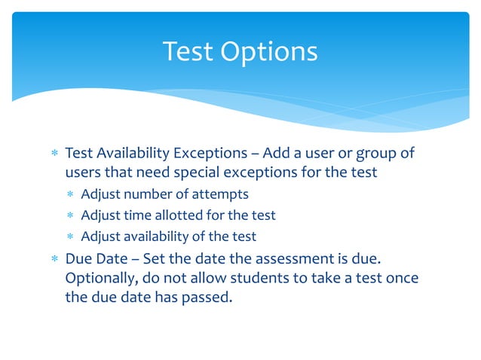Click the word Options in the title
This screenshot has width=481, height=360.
click(x=271, y=51)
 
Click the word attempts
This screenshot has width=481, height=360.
click(x=221, y=194)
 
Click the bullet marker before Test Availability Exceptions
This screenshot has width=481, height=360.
click(x=54, y=154)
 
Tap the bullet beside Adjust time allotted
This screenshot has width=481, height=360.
click(x=72, y=216)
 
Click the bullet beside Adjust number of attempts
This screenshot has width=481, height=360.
click(x=72, y=195)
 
